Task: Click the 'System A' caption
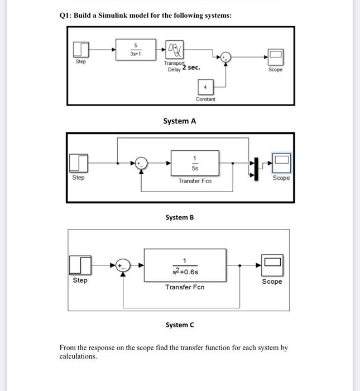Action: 179,121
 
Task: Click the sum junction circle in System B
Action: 143,164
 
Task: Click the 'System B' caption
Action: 179,217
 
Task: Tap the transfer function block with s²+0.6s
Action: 185,265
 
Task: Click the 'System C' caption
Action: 179,325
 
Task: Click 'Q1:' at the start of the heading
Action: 66,15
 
